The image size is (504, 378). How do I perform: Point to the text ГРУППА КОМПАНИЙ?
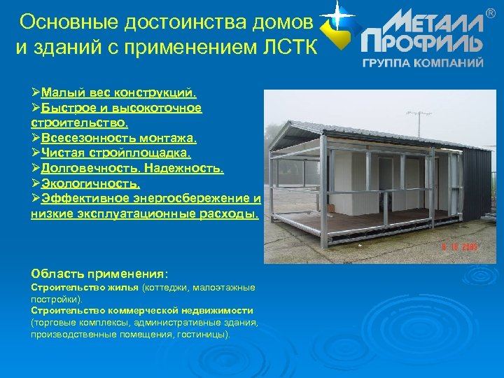coord(423,62)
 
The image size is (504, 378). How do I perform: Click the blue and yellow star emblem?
coord(337,26)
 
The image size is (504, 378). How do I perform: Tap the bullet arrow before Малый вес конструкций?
coord(36,92)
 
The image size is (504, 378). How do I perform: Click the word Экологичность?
coord(90,185)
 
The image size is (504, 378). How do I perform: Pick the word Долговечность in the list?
coord(90,169)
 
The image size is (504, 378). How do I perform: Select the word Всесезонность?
coord(87,139)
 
